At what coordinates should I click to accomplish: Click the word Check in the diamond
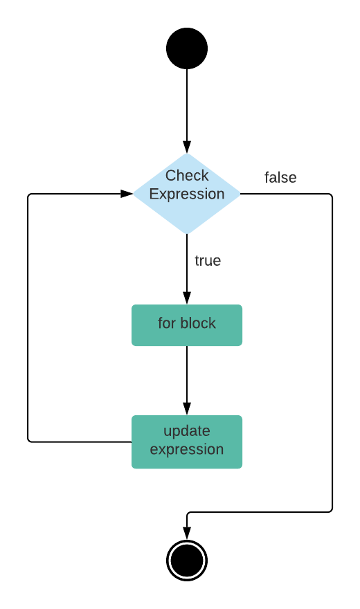coord(187,176)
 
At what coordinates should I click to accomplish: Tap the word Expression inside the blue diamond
coord(187,194)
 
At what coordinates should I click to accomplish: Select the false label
coord(280,178)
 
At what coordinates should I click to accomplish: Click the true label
coord(208,261)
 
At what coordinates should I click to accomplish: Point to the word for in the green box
coord(166,323)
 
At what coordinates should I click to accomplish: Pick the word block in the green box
coord(198,323)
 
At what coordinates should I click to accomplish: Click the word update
coord(187,431)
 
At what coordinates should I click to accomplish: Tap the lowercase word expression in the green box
coord(187,450)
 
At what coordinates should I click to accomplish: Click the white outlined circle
coord(187,561)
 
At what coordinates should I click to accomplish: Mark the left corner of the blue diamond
coord(134,194)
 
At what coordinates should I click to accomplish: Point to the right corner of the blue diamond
coord(240,194)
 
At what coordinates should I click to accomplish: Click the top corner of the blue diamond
coord(187,154)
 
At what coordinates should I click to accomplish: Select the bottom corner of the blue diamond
coord(187,234)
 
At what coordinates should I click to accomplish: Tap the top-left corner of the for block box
coord(133,306)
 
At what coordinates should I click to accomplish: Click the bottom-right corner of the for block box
coord(242,345)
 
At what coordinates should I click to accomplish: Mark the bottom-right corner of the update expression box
coord(242,468)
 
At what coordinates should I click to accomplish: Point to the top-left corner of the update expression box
coord(133,417)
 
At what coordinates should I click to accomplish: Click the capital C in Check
coord(170,176)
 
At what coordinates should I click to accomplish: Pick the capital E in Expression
coord(154,194)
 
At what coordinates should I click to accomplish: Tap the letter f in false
coord(267,178)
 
